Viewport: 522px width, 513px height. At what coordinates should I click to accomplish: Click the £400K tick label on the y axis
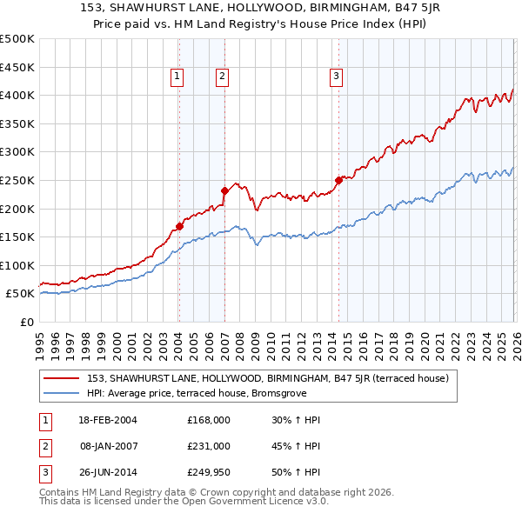(x=17, y=95)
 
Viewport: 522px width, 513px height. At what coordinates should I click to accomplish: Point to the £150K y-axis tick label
(x=17, y=237)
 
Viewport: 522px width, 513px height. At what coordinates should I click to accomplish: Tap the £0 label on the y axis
(x=26, y=322)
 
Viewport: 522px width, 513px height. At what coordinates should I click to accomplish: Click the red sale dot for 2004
(x=179, y=226)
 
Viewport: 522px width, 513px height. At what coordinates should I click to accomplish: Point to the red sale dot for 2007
(x=224, y=190)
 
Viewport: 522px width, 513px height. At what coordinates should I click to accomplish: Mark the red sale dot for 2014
(x=338, y=180)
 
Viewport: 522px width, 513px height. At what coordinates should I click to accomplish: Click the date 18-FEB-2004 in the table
(x=108, y=420)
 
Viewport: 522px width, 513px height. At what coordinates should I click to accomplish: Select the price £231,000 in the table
(x=209, y=446)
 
